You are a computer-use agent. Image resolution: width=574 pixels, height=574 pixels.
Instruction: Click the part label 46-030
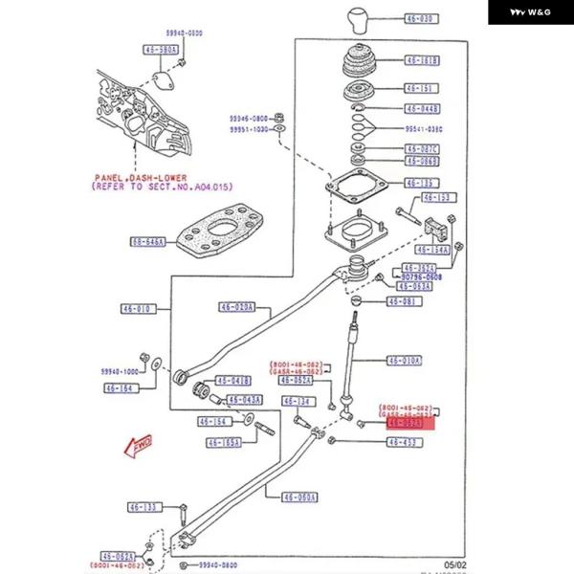pyautogui.click(x=422, y=19)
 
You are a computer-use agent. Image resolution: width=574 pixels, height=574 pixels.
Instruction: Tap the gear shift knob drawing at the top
pyautogui.click(x=358, y=19)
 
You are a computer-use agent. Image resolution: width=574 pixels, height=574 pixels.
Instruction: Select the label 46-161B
pyautogui.click(x=422, y=61)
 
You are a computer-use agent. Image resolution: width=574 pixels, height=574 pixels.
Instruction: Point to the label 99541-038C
pyautogui.click(x=425, y=128)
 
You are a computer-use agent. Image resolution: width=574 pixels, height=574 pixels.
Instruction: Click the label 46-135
pyautogui.click(x=422, y=183)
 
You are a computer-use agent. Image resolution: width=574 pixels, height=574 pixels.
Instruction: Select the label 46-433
pyautogui.click(x=403, y=442)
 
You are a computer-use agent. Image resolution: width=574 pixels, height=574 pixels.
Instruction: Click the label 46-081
pyautogui.click(x=403, y=301)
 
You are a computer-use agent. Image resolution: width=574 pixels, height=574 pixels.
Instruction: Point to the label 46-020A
pyautogui.click(x=234, y=307)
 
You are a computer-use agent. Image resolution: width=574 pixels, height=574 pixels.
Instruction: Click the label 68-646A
pyautogui.click(x=149, y=242)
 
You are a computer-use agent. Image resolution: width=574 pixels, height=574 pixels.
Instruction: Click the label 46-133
pyautogui.click(x=145, y=507)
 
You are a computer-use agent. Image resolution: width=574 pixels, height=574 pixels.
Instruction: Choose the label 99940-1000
pyautogui.click(x=121, y=370)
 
